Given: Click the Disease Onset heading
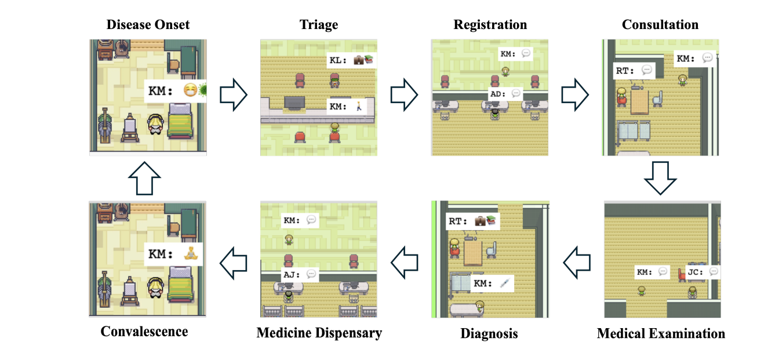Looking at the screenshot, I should click(148, 25).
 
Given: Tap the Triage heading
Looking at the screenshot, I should click(318, 25).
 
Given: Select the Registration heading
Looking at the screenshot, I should click(490, 25).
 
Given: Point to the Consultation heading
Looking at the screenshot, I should click(660, 25).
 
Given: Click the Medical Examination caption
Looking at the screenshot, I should click(661, 334).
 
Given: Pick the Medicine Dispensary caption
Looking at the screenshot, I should click(319, 333).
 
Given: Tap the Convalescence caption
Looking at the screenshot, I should click(144, 332).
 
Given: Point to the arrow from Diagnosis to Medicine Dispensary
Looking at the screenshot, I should click(405, 261).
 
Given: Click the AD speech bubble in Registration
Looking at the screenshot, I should click(505, 93).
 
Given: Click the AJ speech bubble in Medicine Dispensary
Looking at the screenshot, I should click(299, 274).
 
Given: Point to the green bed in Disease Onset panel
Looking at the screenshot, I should click(183, 120).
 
